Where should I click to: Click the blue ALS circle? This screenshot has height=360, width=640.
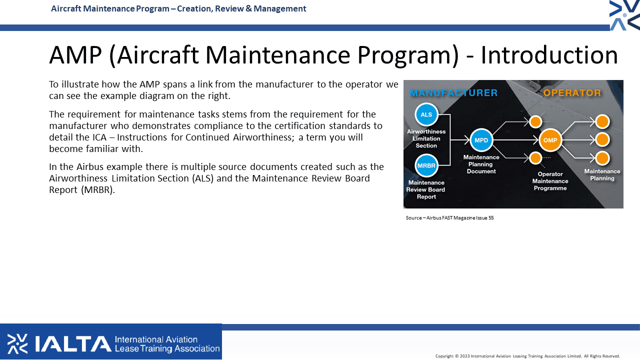pyautogui.click(x=426, y=114)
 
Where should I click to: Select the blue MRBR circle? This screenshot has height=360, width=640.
pyautogui.click(x=426, y=165)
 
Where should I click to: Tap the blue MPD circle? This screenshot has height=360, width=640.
pyautogui.click(x=481, y=140)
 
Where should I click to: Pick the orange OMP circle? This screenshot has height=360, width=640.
pyautogui.click(x=550, y=140)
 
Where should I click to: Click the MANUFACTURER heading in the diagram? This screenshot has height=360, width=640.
pyautogui.click(x=453, y=93)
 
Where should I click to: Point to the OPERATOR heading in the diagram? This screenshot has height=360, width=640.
pyautogui.click(x=572, y=93)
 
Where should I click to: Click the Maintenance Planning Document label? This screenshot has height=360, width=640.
pyautogui.click(x=481, y=164)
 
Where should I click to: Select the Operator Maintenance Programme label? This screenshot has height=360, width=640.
pyautogui.click(x=550, y=181)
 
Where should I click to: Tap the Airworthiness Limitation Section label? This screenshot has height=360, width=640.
pyautogui.click(x=426, y=138)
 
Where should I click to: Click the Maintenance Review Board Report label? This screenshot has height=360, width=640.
pyautogui.click(x=425, y=189)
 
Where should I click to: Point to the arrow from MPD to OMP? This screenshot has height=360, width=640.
pyautogui.click(x=516, y=140)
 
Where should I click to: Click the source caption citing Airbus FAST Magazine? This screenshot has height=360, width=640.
pyautogui.click(x=449, y=217)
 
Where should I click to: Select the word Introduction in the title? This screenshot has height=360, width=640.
pyautogui.click(x=549, y=55)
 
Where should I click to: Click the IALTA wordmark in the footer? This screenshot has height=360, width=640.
pyautogui.click(x=73, y=343)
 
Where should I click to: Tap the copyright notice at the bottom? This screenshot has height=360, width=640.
pyautogui.click(x=527, y=356)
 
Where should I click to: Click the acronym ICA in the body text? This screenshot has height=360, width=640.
pyautogui.click(x=99, y=137)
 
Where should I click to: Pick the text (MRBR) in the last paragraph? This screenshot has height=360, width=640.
pyautogui.click(x=98, y=190)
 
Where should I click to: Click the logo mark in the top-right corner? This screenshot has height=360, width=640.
pyautogui.click(x=624, y=15)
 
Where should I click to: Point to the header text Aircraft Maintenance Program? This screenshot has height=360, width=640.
pyautogui.click(x=110, y=8)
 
